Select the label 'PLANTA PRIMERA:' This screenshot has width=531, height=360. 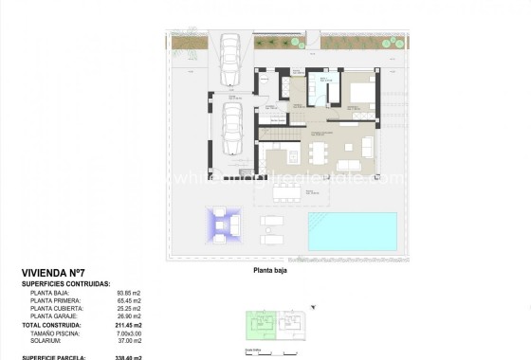56,300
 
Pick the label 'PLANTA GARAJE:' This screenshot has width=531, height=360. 56,317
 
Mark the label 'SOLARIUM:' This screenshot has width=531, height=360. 47,342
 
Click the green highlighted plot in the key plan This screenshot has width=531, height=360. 257,325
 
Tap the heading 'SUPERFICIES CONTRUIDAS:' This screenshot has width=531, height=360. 65,282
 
